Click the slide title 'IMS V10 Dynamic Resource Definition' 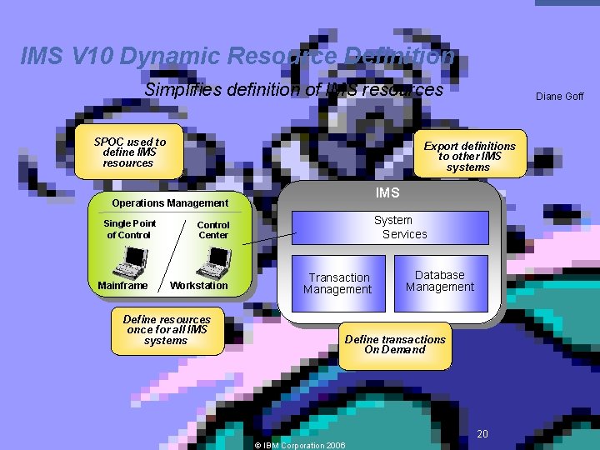click(237, 57)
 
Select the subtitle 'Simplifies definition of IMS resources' click(293, 89)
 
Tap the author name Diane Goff click(559, 97)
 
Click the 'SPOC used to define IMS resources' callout click(129, 152)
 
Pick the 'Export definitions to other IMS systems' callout click(469, 156)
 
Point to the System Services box click(390, 227)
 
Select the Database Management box click(439, 281)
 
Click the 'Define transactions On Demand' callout click(395, 344)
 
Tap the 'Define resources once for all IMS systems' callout click(167, 330)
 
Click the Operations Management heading click(170, 203)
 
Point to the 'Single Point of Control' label click(129, 229)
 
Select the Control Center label click(213, 230)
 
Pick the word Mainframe click(122, 286)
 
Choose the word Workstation click(198, 286)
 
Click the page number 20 click(482, 433)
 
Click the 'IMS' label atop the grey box click(387, 193)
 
